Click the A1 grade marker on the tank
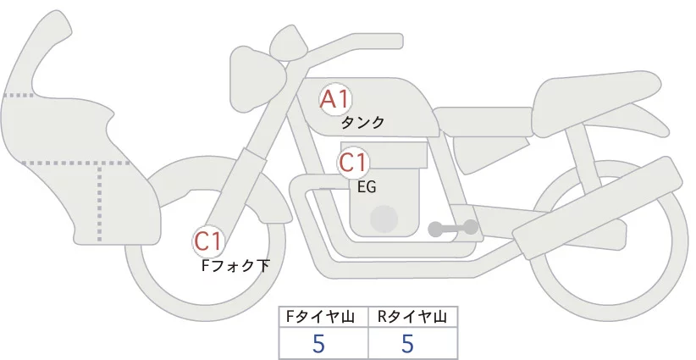coord(334,100)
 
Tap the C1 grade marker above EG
coord(352,162)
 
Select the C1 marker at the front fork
coord(208,242)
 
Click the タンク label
coord(362,123)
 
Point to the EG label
coord(367,186)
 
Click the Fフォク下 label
coord(235,266)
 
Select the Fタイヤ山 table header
coord(323,317)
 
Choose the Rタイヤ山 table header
coord(412,317)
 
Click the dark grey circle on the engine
coord(385,219)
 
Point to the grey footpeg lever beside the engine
coord(453,227)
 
